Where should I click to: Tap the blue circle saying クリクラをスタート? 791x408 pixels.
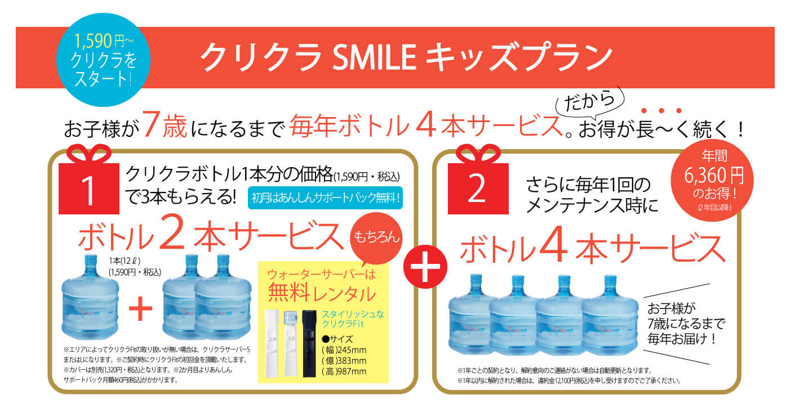tap(103, 60)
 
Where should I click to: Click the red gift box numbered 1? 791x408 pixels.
tap(89, 180)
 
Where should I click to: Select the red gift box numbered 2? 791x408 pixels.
tap(478, 180)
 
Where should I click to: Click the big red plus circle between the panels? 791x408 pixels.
tap(425, 267)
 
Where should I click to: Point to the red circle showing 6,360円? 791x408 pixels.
tap(712, 181)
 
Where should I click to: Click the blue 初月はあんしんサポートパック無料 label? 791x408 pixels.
tap(325, 198)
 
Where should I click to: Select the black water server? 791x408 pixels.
tap(309, 343)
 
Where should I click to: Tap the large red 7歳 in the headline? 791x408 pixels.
tap(165, 124)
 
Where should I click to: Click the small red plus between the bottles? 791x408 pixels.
tap(140, 308)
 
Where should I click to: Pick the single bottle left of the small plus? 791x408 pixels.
tap(90, 297)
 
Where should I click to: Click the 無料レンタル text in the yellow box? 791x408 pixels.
tap(322, 293)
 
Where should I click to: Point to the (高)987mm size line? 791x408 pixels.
tap(344, 371)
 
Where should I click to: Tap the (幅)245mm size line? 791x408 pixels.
tap(344, 350)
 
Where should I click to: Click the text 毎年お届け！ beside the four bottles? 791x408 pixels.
tap(682, 339)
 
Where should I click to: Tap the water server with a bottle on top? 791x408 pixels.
tap(291, 343)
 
